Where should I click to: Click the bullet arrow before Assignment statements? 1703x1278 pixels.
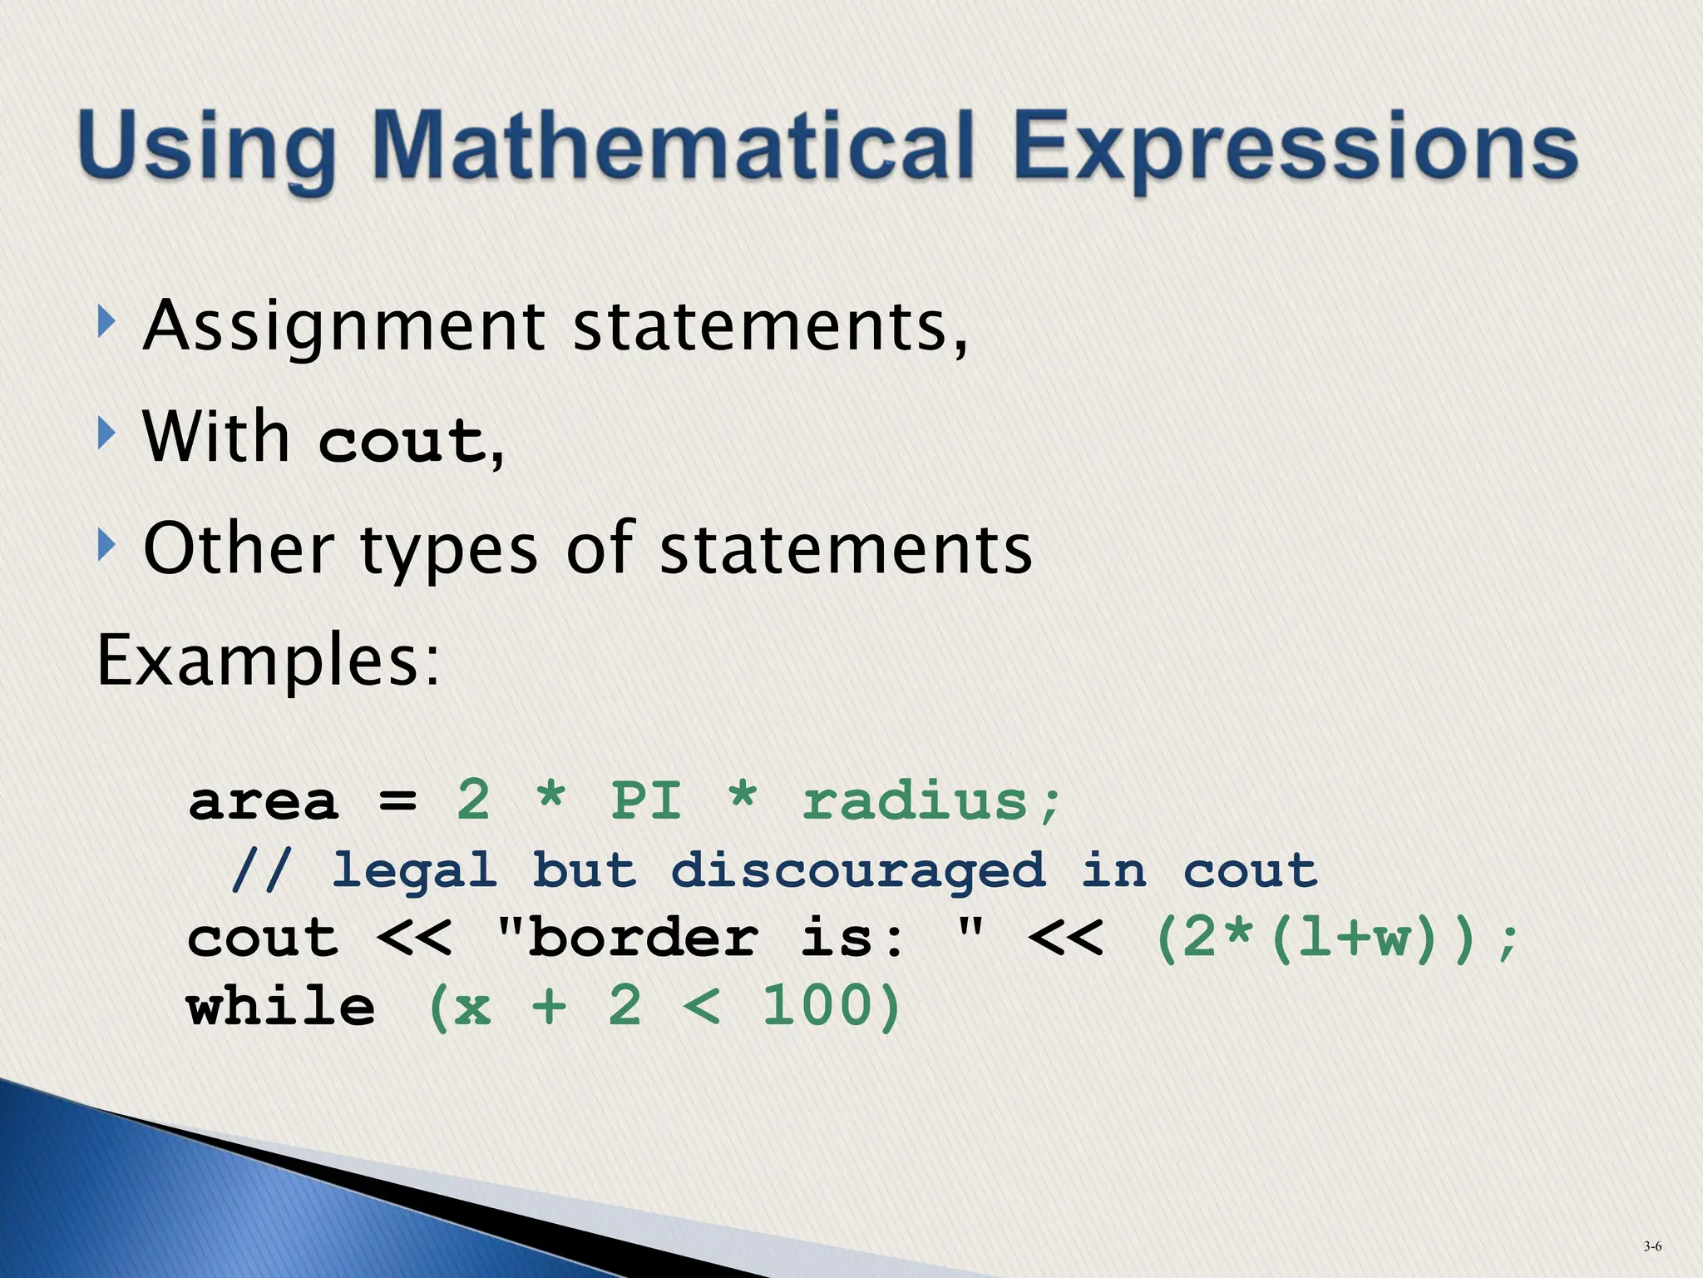pyautogui.click(x=105, y=322)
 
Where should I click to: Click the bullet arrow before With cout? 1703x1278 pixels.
pyautogui.click(x=105, y=433)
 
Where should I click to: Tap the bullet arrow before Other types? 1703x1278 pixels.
pyautogui.click(x=105, y=546)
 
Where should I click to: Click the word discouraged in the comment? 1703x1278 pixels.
pyautogui.click(x=857, y=872)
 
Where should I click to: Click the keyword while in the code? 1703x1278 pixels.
pyautogui.click(x=281, y=1007)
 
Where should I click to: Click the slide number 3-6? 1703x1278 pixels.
pyautogui.click(x=1651, y=1246)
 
